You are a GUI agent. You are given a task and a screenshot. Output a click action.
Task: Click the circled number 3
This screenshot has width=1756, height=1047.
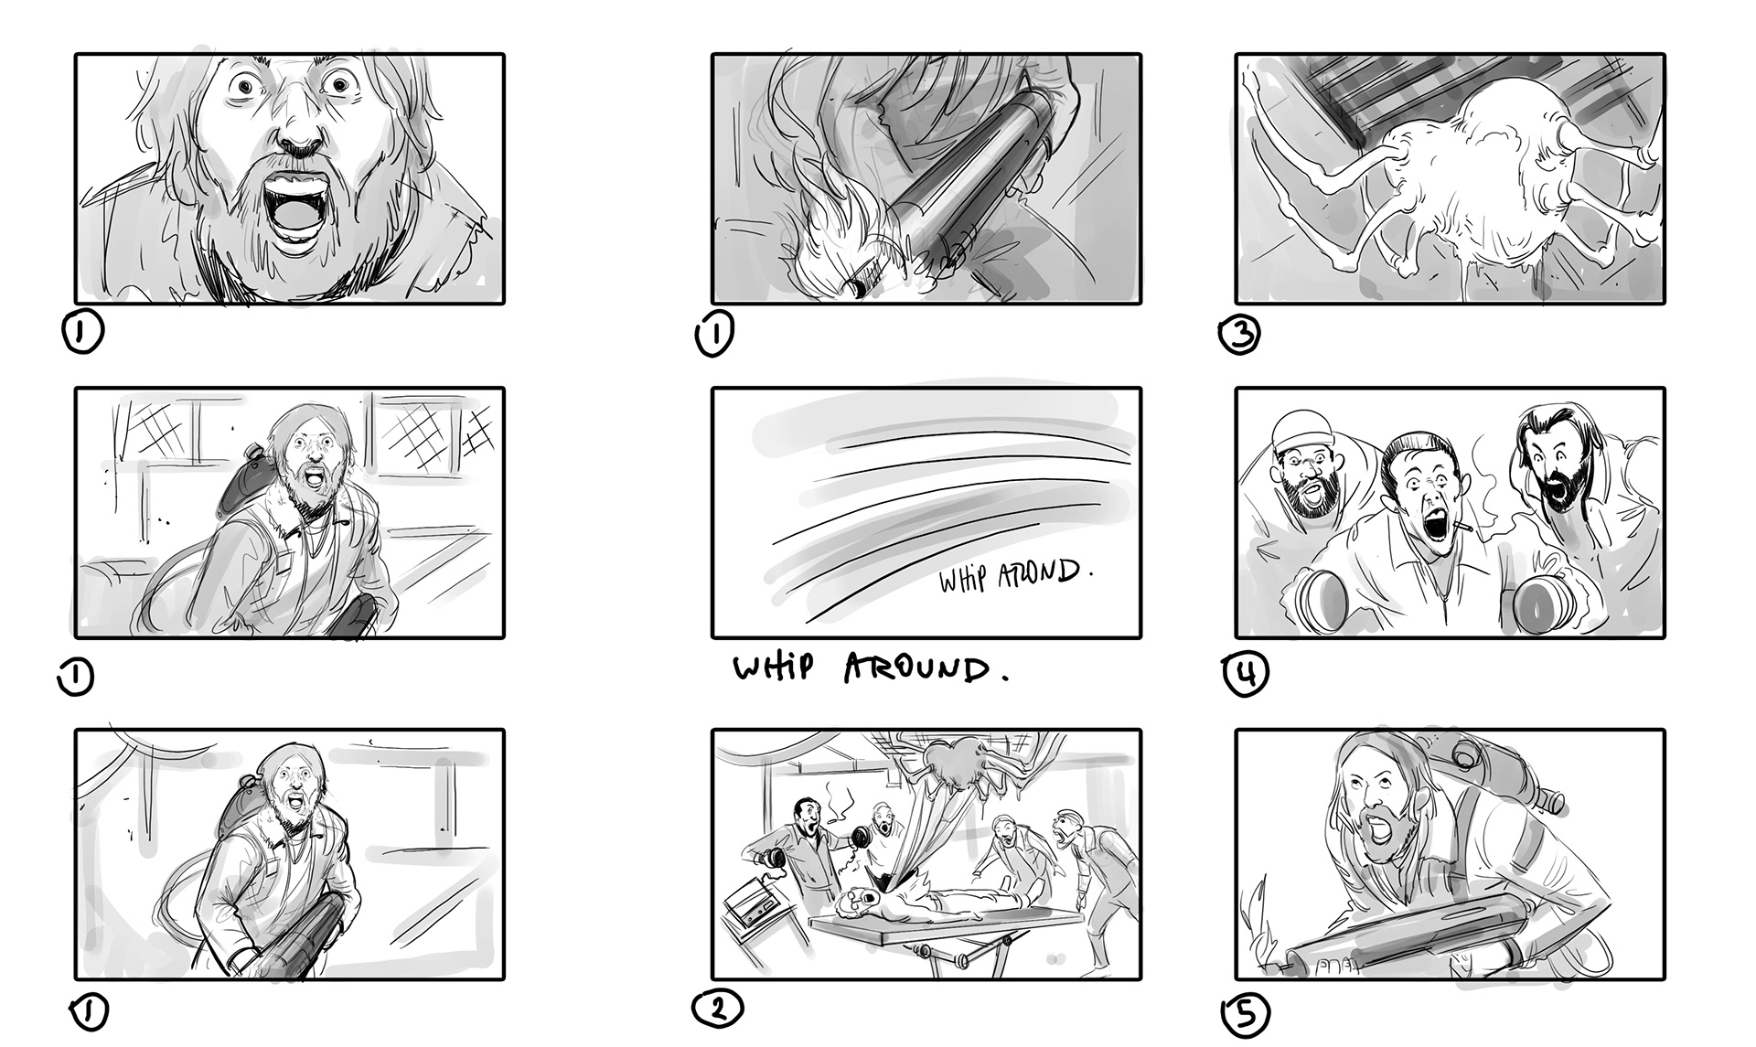click(1239, 336)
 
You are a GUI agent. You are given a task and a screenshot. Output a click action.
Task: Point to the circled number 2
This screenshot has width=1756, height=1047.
click(718, 1009)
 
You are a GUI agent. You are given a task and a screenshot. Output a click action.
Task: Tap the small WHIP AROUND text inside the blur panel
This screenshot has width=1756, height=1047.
click(1015, 576)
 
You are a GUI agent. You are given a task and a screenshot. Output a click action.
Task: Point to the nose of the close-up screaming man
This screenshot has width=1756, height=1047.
click(299, 137)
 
